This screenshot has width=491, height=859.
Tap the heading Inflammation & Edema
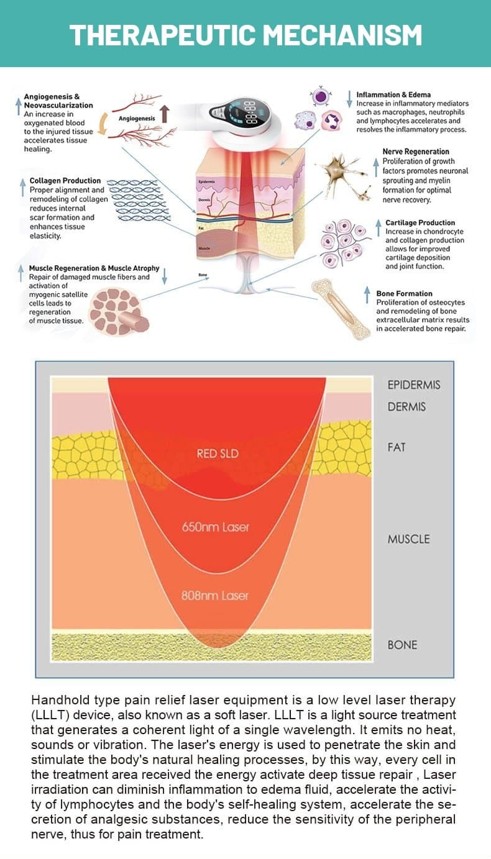click(393, 95)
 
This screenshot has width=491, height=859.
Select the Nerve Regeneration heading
click(416, 152)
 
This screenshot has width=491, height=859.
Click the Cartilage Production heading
click(420, 222)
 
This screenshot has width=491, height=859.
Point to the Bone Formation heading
click(404, 293)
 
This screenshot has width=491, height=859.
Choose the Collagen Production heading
click(65, 181)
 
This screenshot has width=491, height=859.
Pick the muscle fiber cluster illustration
click(118, 311)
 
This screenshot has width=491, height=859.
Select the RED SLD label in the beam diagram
click(217, 454)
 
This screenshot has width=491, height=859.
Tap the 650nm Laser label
click(215, 527)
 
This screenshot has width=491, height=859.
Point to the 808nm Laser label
click(214, 596)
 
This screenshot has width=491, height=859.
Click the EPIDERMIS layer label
click(413, 385)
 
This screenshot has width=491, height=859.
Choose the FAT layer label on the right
click(396, 447)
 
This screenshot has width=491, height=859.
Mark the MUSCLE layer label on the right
click(408, 539)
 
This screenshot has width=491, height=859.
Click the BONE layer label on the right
click(402, 645)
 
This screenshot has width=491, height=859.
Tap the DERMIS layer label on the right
click(406, 407)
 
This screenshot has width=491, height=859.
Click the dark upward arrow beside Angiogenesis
click(164, 113)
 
